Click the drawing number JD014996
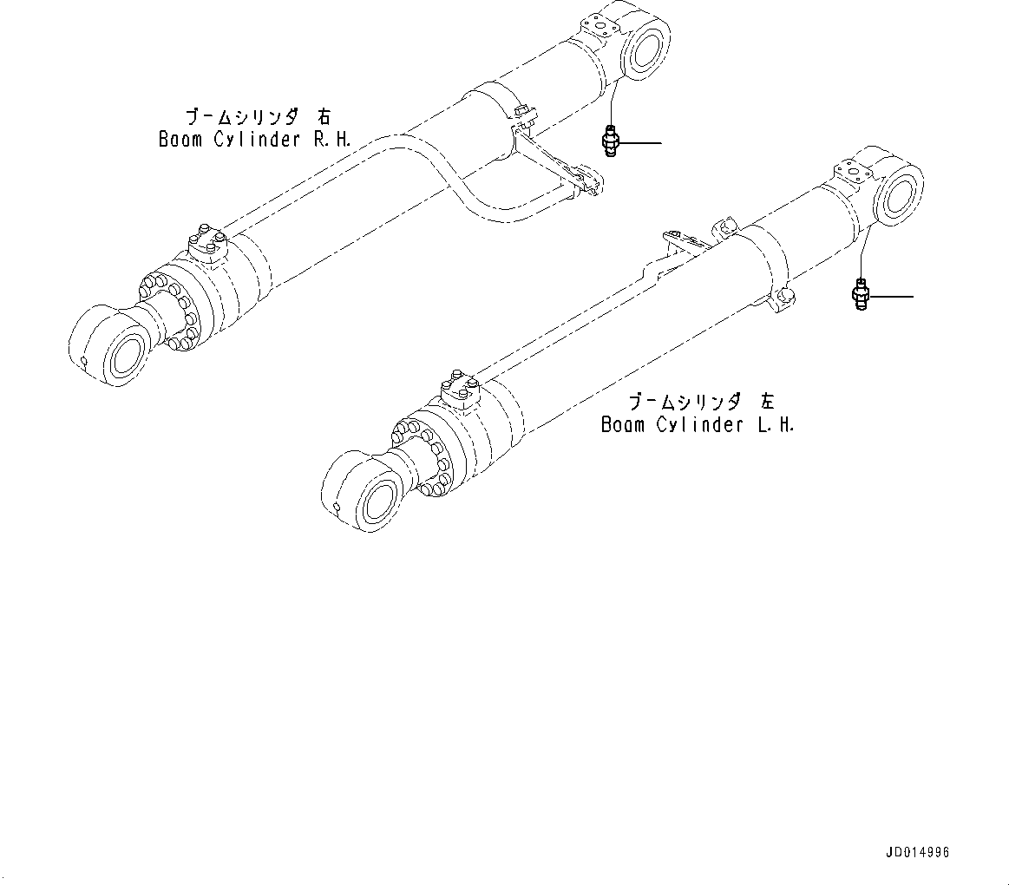(x=918, y=852)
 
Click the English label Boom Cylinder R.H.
(x=254, y=139)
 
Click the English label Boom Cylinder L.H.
(x=698, y=424)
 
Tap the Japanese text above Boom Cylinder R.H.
(x=258, y=116)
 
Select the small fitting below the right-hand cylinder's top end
(x=610, y=141)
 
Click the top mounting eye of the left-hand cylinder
(x=894, y=197)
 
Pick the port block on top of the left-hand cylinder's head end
(x=462, y=390)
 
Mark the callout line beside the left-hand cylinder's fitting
(x=890, y=297)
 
